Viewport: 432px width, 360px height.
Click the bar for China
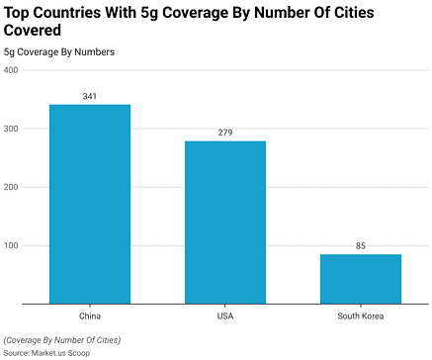pyautogui.click(x=90, y=204)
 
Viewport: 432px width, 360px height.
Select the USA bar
pyautogui.click(x=225, y=222)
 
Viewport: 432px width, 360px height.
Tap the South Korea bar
pyautogui.click(x=360, y=278)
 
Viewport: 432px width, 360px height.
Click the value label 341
pyautogui.click(x=90, y=96)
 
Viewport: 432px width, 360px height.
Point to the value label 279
pyautogui.click(x=225, y=133)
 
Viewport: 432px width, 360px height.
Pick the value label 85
pyautogui.click(x=360, y=245)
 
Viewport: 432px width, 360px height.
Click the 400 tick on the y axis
pyautogui.click(x=11, y=70)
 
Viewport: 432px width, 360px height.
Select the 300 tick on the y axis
pyautogui.click(x=11, y=129)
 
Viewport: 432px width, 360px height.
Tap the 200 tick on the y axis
pyautogui.click(x=11, y=187)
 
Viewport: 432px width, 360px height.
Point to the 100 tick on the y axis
pyautogui.click(x=11, y=245)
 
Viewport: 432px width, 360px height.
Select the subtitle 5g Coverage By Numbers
pyautogui.click(x=58, y=50)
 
